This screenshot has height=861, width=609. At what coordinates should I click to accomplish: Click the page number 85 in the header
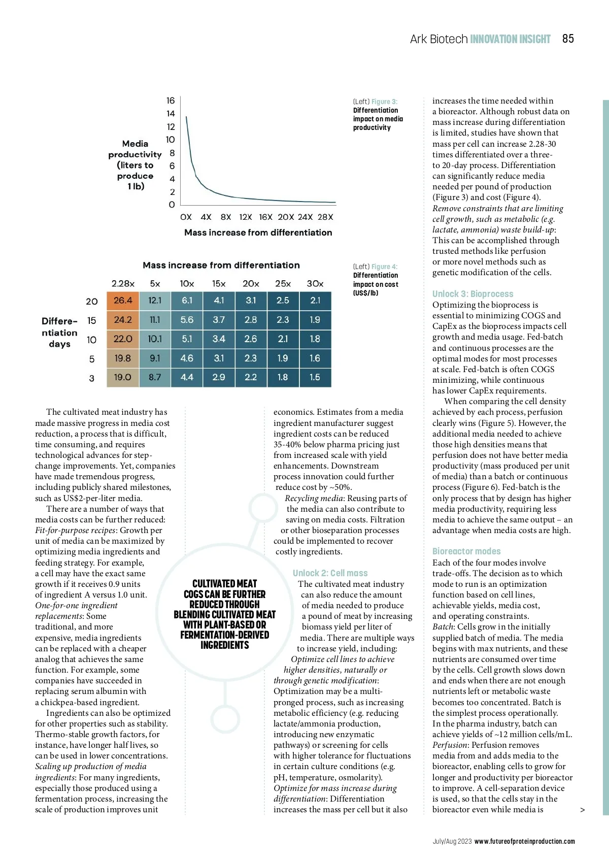pos(568,39)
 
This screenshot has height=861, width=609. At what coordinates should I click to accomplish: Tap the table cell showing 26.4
pos(123,301)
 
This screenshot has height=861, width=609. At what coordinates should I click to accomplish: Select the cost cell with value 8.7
pos(155,377)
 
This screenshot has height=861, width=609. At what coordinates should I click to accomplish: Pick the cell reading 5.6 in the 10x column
pos(187,320)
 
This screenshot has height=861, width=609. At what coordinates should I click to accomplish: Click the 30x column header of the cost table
pos(315,284)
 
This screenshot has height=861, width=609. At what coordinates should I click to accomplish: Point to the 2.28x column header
pos(123,284)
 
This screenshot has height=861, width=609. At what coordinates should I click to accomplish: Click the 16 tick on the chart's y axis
pos(171,101)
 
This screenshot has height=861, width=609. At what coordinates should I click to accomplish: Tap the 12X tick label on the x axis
pos(246,217)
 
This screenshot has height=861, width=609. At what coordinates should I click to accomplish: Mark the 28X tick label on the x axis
pos(325,217)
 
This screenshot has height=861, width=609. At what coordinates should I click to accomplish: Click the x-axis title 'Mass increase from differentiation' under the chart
pos(258,233)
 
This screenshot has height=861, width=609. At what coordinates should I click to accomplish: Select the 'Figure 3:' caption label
pos(384,102)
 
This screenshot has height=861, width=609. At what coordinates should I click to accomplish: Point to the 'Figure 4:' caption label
pos(384,267)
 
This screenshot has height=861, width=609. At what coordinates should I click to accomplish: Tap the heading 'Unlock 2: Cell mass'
pos(330,573)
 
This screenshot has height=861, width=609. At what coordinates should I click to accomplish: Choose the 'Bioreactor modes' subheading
pos(466,551)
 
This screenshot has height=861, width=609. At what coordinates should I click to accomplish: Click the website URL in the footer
pos(524,841)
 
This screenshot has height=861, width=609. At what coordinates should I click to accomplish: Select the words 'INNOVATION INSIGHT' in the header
pos(510,39)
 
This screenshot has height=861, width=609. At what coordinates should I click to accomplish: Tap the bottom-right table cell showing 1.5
pos(315,377)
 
